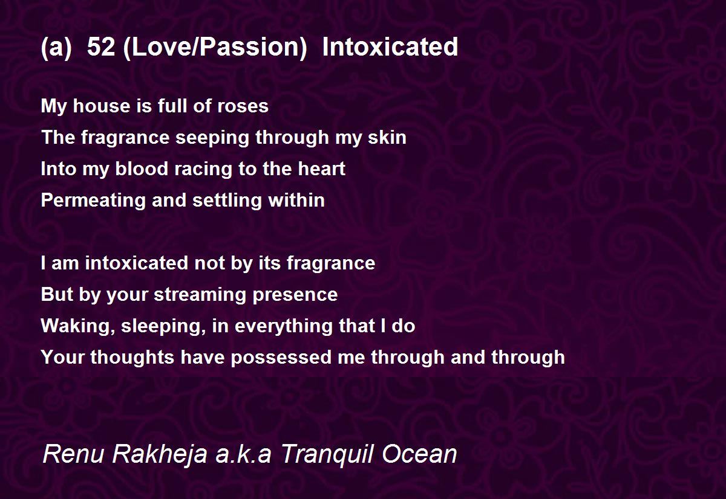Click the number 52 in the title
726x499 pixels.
tap(101, 47)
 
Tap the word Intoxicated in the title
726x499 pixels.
tap(390, 47)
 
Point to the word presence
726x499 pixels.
tap(299, 295)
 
